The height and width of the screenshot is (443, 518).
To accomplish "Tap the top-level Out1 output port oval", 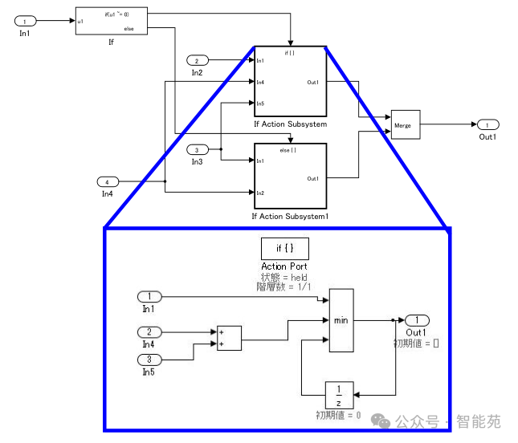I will pyautogui.click(x=487, y=125).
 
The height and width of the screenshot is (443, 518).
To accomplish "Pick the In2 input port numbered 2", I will pyautogui.click(x=198, y=61).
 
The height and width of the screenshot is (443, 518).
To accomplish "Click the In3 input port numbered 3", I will pyautogui.click(x=198, y=150).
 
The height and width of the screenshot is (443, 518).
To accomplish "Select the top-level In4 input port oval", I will pyautogui.click(x=108, y=181).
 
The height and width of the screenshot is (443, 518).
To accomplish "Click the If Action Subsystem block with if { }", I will pyautogui.click(x=290, y=82).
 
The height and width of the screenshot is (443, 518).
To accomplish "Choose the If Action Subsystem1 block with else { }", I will pyautogui.click(x=290, y=177).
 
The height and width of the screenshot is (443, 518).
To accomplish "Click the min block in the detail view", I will pyautogui.click(x=341, y=320).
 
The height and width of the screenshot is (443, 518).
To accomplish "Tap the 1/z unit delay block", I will pyautogui.click(x=338, y=395).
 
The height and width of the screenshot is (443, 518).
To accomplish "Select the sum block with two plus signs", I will pyautogui.click(x=229, y=338).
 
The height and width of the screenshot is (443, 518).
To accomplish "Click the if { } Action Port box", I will pyautogui.click(x=284, y=248).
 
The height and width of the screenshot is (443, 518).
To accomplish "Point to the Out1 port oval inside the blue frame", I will pyautogui.click(x=417, y=320).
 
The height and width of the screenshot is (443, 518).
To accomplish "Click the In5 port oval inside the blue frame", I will pyautogui.click(x=149, y=360).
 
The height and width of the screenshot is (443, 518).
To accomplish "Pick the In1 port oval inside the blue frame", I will pyautogui.click(x=149, y=297).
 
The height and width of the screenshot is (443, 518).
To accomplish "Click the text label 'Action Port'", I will pyautogui.click(x=284, y=266).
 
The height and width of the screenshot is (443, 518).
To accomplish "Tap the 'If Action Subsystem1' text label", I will pyautogui.click(x=290, y=216).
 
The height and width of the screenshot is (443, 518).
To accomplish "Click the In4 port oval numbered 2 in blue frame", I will pyautogui.click(x=149, y=332).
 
